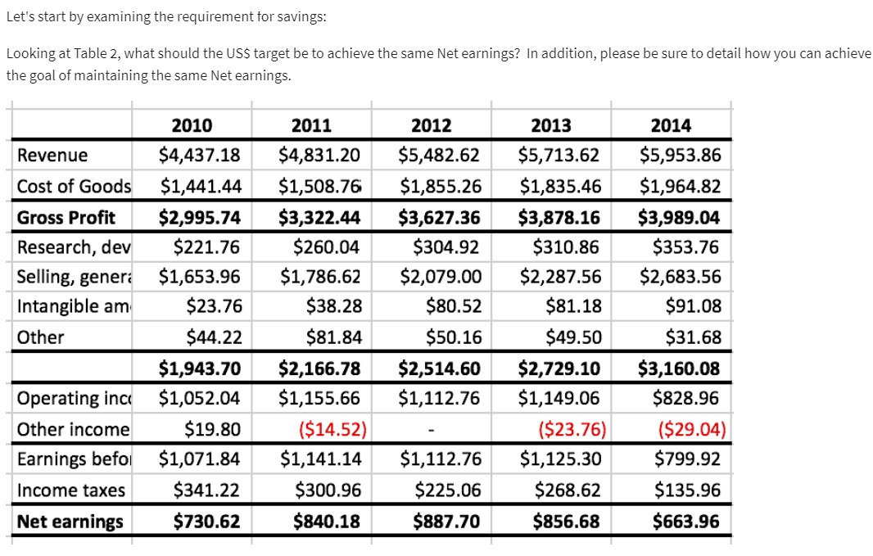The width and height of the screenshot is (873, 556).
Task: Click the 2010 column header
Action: click(x=192, y=125)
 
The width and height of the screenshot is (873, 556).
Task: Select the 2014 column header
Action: click(x=670, y=125)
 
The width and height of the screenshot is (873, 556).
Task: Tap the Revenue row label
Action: click(x=52, y=156)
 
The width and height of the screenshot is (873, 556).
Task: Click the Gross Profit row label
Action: click(x=66, y=217)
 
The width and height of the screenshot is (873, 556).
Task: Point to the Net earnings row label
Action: click(x=70, y=522)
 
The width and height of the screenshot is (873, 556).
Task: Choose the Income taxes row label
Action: click(x=71, y=490)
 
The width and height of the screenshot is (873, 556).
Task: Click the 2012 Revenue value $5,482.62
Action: click(x=439, y=156)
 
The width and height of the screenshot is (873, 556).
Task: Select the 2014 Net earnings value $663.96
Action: click(x=686, y=522)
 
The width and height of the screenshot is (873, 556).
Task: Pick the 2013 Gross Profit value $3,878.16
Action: click(x=559, y=217)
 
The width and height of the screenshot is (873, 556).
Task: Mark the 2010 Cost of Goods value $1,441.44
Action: click(x=200, y=187)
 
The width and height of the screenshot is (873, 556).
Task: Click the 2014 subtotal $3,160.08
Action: click(x=679, y=368)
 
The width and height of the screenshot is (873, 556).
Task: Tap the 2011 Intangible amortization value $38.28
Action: click(x=332, y=306)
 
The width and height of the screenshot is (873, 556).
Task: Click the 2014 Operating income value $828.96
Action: click(x=686, y=399)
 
